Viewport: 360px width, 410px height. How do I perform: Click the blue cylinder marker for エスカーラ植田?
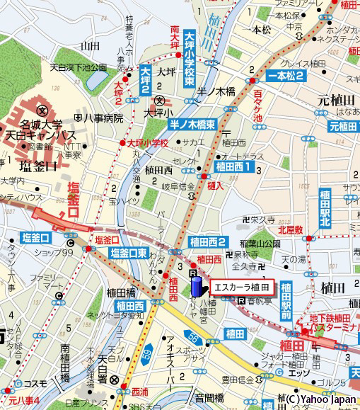coord(197,287)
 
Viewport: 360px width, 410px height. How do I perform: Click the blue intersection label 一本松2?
coord(286,76)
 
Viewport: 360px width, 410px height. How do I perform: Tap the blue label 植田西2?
coord(207,242)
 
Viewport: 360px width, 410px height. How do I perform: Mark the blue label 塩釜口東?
coord(129,252)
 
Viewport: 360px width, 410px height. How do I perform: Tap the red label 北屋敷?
coord(290,229)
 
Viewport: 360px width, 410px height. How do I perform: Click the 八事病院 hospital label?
coord(104,118)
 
